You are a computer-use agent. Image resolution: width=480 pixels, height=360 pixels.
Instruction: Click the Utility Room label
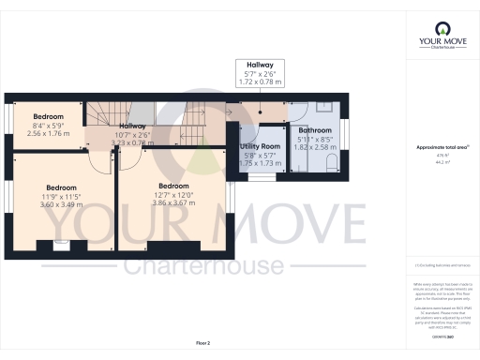pos(260,146)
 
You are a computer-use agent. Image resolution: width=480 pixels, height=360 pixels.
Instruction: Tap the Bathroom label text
pos(315,130)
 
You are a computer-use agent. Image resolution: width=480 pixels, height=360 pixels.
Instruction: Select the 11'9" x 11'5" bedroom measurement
pos(61,196)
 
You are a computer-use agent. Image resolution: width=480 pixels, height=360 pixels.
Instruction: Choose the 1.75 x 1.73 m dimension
pos(260,164)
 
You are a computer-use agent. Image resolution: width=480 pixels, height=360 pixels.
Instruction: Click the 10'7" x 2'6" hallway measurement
pos(132,133)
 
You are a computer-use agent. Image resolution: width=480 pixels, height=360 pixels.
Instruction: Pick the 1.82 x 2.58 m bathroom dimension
pos(315,148)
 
